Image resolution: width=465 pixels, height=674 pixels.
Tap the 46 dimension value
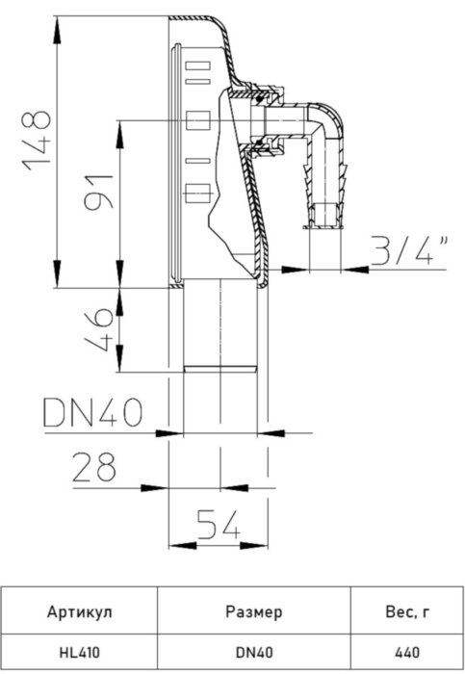click(x=95, y=329)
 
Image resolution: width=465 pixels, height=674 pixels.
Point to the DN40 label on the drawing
click(x=92, y=414)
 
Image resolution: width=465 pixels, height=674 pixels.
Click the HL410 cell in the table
click(x=80, y=652)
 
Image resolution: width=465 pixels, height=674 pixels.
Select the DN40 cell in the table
click(x=253, y=652)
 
